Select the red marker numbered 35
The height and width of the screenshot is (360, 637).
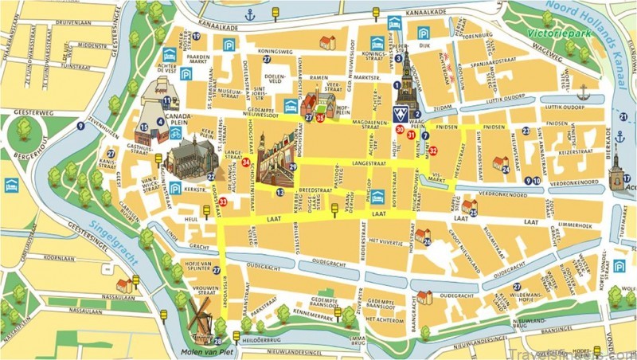click(x=319, y=119)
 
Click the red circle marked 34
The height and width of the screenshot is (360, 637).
click(x=246, y=162)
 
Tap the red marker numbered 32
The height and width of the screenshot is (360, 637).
click(x=432, y=150)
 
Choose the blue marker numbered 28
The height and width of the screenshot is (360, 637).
click(x=217, y=342)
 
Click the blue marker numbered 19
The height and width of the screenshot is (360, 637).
click(x=194, y=58)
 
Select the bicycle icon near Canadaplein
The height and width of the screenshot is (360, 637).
click(x=175, y=133)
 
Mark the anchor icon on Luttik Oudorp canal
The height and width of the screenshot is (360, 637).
click(x=583, y=90)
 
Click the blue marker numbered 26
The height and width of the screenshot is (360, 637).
click(x=428, y=241)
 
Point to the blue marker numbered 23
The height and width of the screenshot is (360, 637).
click(x=526, y=131)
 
